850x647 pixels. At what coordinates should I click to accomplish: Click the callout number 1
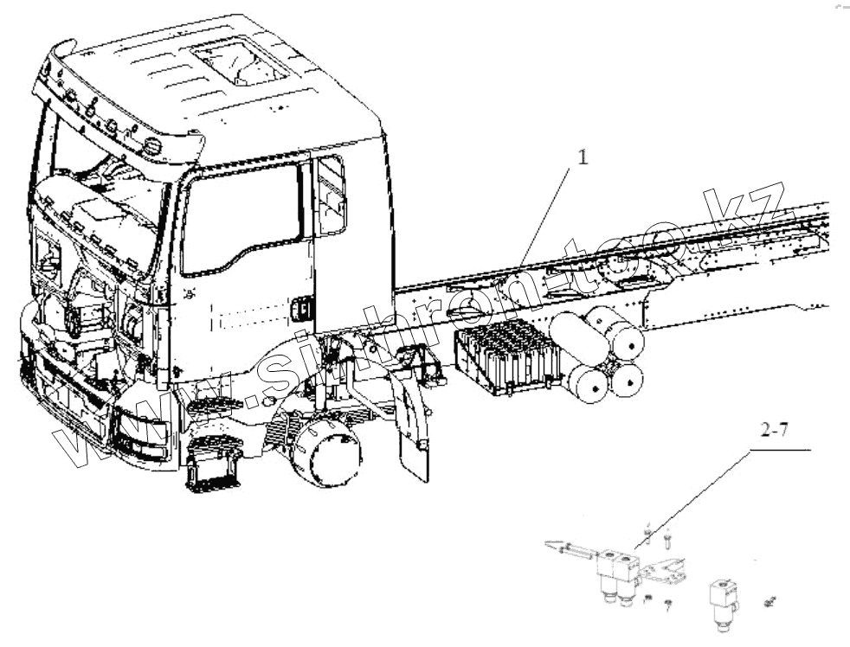583,157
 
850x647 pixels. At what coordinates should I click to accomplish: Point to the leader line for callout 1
545,216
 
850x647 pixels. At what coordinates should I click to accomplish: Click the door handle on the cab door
302,308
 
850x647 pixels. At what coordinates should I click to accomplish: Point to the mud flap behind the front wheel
414,432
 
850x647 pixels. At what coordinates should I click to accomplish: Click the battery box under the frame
505,355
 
